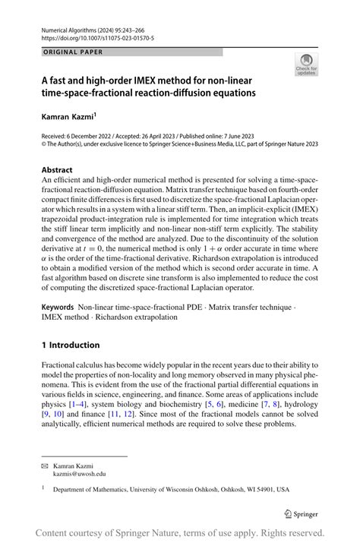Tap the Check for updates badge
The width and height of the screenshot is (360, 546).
point(307,65)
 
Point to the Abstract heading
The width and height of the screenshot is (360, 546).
point(58,170)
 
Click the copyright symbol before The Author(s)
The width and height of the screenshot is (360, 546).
point(43,141)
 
